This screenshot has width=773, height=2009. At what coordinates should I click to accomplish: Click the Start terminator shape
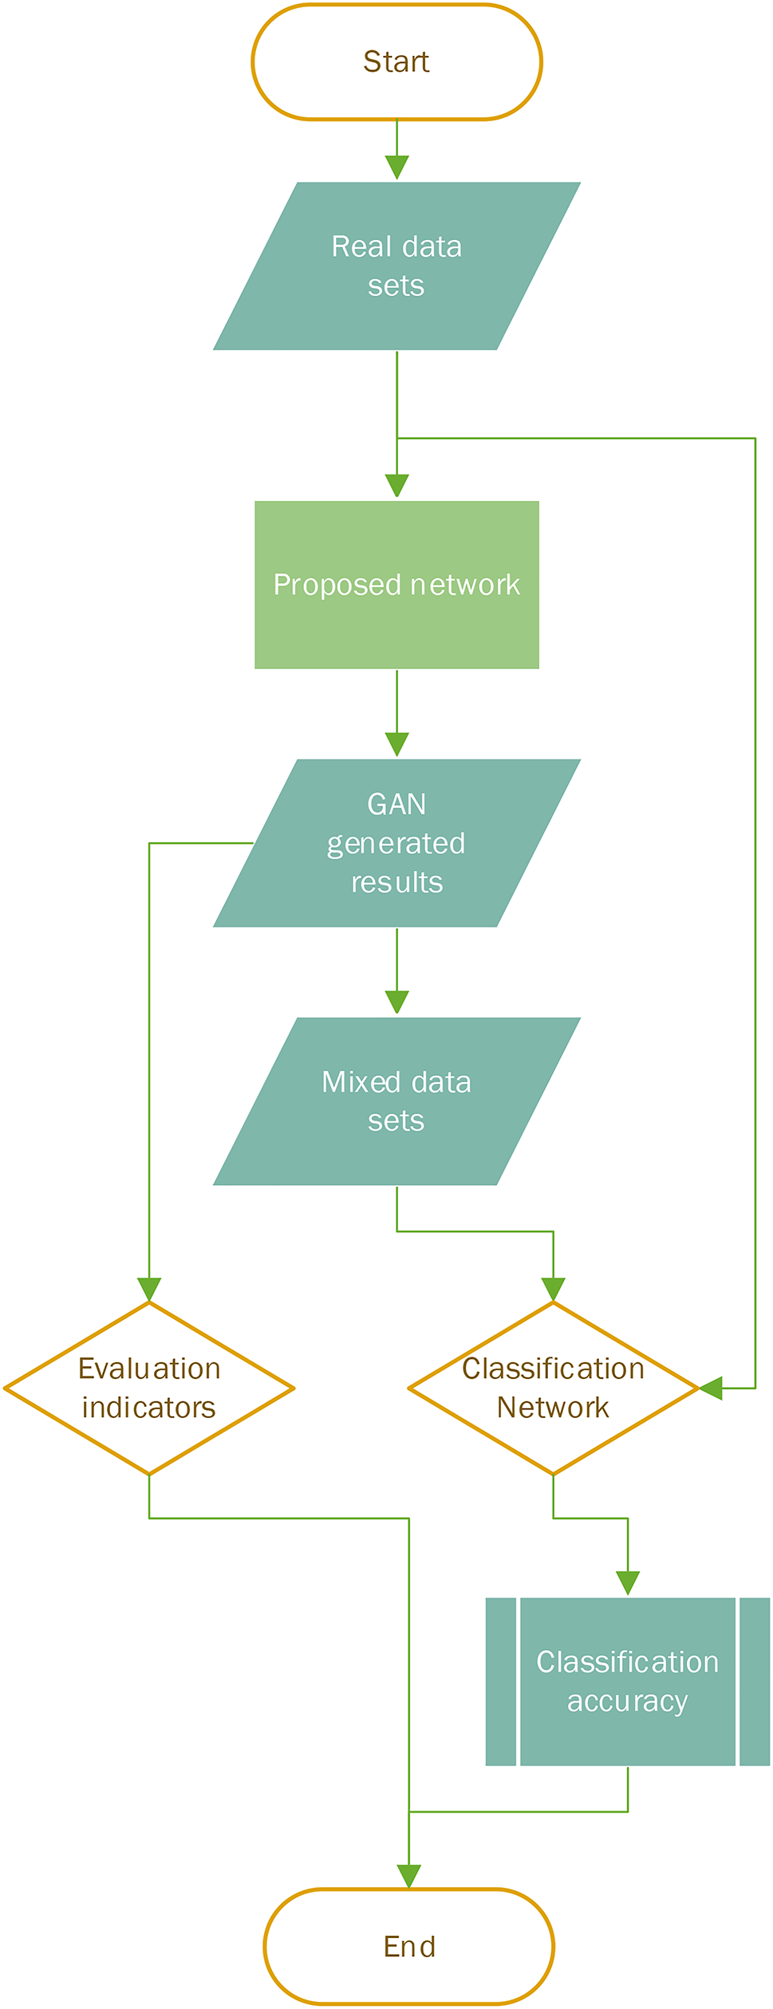tap(396, 62)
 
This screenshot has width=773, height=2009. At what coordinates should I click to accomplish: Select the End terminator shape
tap(408, 1947)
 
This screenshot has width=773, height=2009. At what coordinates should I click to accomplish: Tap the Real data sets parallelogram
tap(396, 266)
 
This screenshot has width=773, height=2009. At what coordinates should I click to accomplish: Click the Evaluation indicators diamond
tap(149, 1389)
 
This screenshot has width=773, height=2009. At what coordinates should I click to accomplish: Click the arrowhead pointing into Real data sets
tap(396, 167)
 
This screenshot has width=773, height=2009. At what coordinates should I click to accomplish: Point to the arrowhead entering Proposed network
tap(396, 485)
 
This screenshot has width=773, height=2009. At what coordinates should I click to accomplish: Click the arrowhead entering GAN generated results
tap(396, 744)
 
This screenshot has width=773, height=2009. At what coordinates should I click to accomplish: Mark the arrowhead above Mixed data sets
tap(396, 1003)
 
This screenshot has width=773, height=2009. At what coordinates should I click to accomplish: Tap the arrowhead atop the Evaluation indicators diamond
tap(149, 1290)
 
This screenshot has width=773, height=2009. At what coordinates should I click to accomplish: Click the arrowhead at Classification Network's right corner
tap(711, 1389)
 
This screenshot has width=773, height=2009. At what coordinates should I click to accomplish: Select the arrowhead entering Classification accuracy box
tap(628, 1583)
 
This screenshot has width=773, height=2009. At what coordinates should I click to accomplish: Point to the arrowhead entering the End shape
tap(408, 1877)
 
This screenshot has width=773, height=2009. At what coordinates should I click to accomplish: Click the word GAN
tap(396, 804)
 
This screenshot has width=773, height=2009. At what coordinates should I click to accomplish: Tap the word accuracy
tap(627, 1701)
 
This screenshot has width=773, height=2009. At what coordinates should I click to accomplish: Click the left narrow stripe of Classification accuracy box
tap(500, 1682)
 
